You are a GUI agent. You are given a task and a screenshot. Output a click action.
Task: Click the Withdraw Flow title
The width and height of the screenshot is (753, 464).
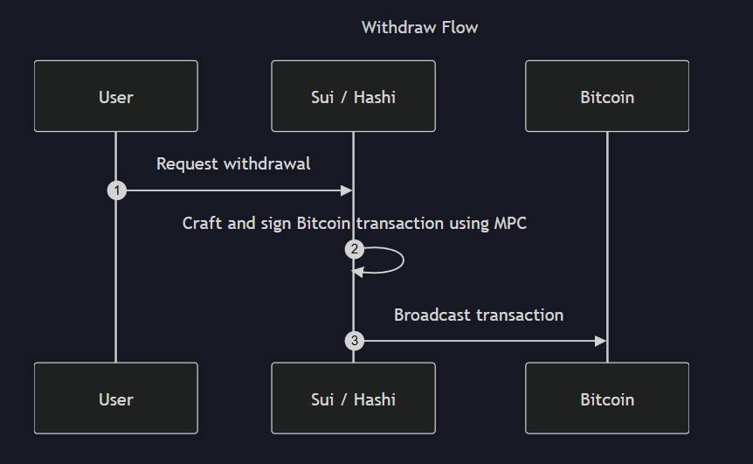tap(419, 27)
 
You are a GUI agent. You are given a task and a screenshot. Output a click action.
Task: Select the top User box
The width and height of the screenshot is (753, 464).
tap(115, 96)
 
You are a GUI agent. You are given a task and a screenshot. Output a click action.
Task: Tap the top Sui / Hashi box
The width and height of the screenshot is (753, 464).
tap(353, 96)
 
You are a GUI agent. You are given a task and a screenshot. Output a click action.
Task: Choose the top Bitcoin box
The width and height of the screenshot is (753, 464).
tap(607, 96)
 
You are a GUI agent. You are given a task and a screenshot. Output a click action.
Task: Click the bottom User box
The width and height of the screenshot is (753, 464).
tap(115, 398)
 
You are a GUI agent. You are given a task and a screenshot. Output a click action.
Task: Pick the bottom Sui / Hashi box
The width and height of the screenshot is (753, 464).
tap(353, 398)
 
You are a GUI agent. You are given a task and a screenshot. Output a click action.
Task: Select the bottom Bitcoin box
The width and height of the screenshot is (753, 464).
tap(607, 398)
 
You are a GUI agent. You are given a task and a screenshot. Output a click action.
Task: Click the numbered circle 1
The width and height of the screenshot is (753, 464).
tap(116, 190)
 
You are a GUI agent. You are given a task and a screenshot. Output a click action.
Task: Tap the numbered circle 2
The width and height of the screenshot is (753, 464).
tap(354, 250)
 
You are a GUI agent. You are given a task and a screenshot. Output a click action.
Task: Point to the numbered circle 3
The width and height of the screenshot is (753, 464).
tap(354, 341)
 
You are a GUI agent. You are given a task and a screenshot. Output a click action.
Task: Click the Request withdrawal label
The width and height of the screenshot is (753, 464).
tap(233, 163)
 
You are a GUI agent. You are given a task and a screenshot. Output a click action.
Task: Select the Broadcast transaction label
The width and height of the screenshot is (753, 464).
tap(479, 315)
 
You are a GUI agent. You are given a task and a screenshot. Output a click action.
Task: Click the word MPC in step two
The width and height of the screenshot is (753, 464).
tap(510, 223)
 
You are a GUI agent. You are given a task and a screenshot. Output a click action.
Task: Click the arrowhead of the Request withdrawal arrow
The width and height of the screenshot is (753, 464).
tap(346, 190)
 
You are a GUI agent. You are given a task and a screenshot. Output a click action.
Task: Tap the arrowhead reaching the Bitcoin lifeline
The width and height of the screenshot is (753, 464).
tap(600, 341)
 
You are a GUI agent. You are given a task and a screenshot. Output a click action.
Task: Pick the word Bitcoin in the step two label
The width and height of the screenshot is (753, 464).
tap(327, 223)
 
